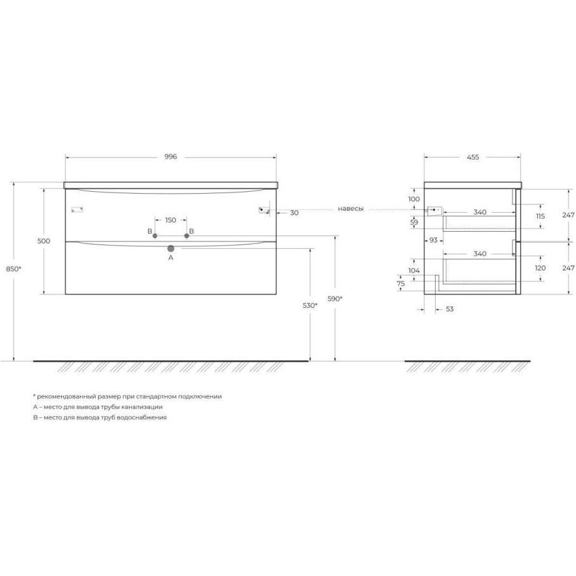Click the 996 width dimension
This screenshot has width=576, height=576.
click(170, 157)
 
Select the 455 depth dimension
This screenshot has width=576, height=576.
click(472, 157)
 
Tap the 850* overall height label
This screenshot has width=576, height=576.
click(13, 269)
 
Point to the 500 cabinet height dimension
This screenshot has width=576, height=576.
click(44, 241)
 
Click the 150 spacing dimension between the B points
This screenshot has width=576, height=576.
click(170, 220)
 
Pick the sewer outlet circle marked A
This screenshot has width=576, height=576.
click(170, 249)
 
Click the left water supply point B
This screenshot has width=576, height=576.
click(155, 236)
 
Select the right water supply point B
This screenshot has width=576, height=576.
click(187, 236)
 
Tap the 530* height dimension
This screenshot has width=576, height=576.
click(310, 305)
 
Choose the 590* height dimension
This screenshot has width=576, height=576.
click(335, 299)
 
